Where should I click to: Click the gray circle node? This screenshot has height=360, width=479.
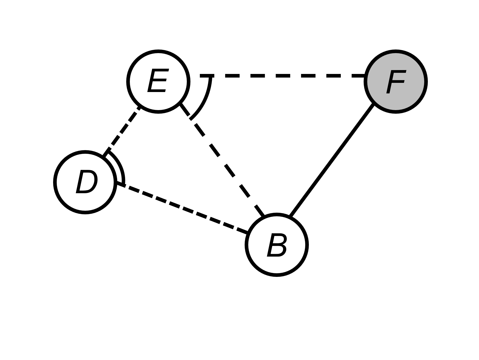click(396, 81)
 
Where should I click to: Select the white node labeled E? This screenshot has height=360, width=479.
click(158, 81)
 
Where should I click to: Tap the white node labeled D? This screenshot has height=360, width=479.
click(85, 182)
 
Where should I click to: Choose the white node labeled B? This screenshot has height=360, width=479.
click(277, 245)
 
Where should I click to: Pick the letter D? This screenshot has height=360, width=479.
click(86, 182)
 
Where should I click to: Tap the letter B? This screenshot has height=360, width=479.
click(277, 245)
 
